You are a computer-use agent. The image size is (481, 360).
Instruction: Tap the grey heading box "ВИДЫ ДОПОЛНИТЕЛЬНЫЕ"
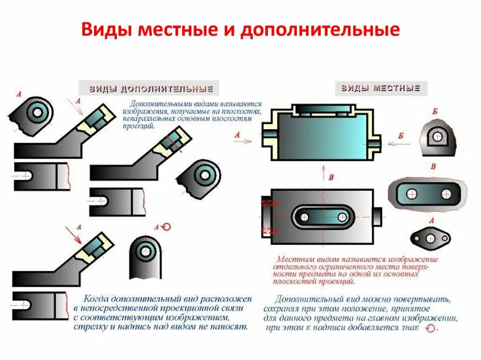(148, 89)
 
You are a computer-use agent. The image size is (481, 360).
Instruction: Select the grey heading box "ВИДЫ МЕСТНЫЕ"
(381, 88)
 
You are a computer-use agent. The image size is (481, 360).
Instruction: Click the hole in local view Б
(437, 137)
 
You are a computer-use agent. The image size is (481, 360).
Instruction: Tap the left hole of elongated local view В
(412, 194)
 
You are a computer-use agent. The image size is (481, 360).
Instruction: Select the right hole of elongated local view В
(446, 194)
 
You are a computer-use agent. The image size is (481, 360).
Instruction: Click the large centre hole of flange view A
(431, 238)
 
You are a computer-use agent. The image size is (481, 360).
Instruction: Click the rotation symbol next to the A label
(165, 227)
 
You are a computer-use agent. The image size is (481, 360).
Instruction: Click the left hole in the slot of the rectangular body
(304, 217)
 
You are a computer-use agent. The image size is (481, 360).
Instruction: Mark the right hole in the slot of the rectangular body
(342, 217)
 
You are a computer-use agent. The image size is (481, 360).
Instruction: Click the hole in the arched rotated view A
(146, 251)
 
